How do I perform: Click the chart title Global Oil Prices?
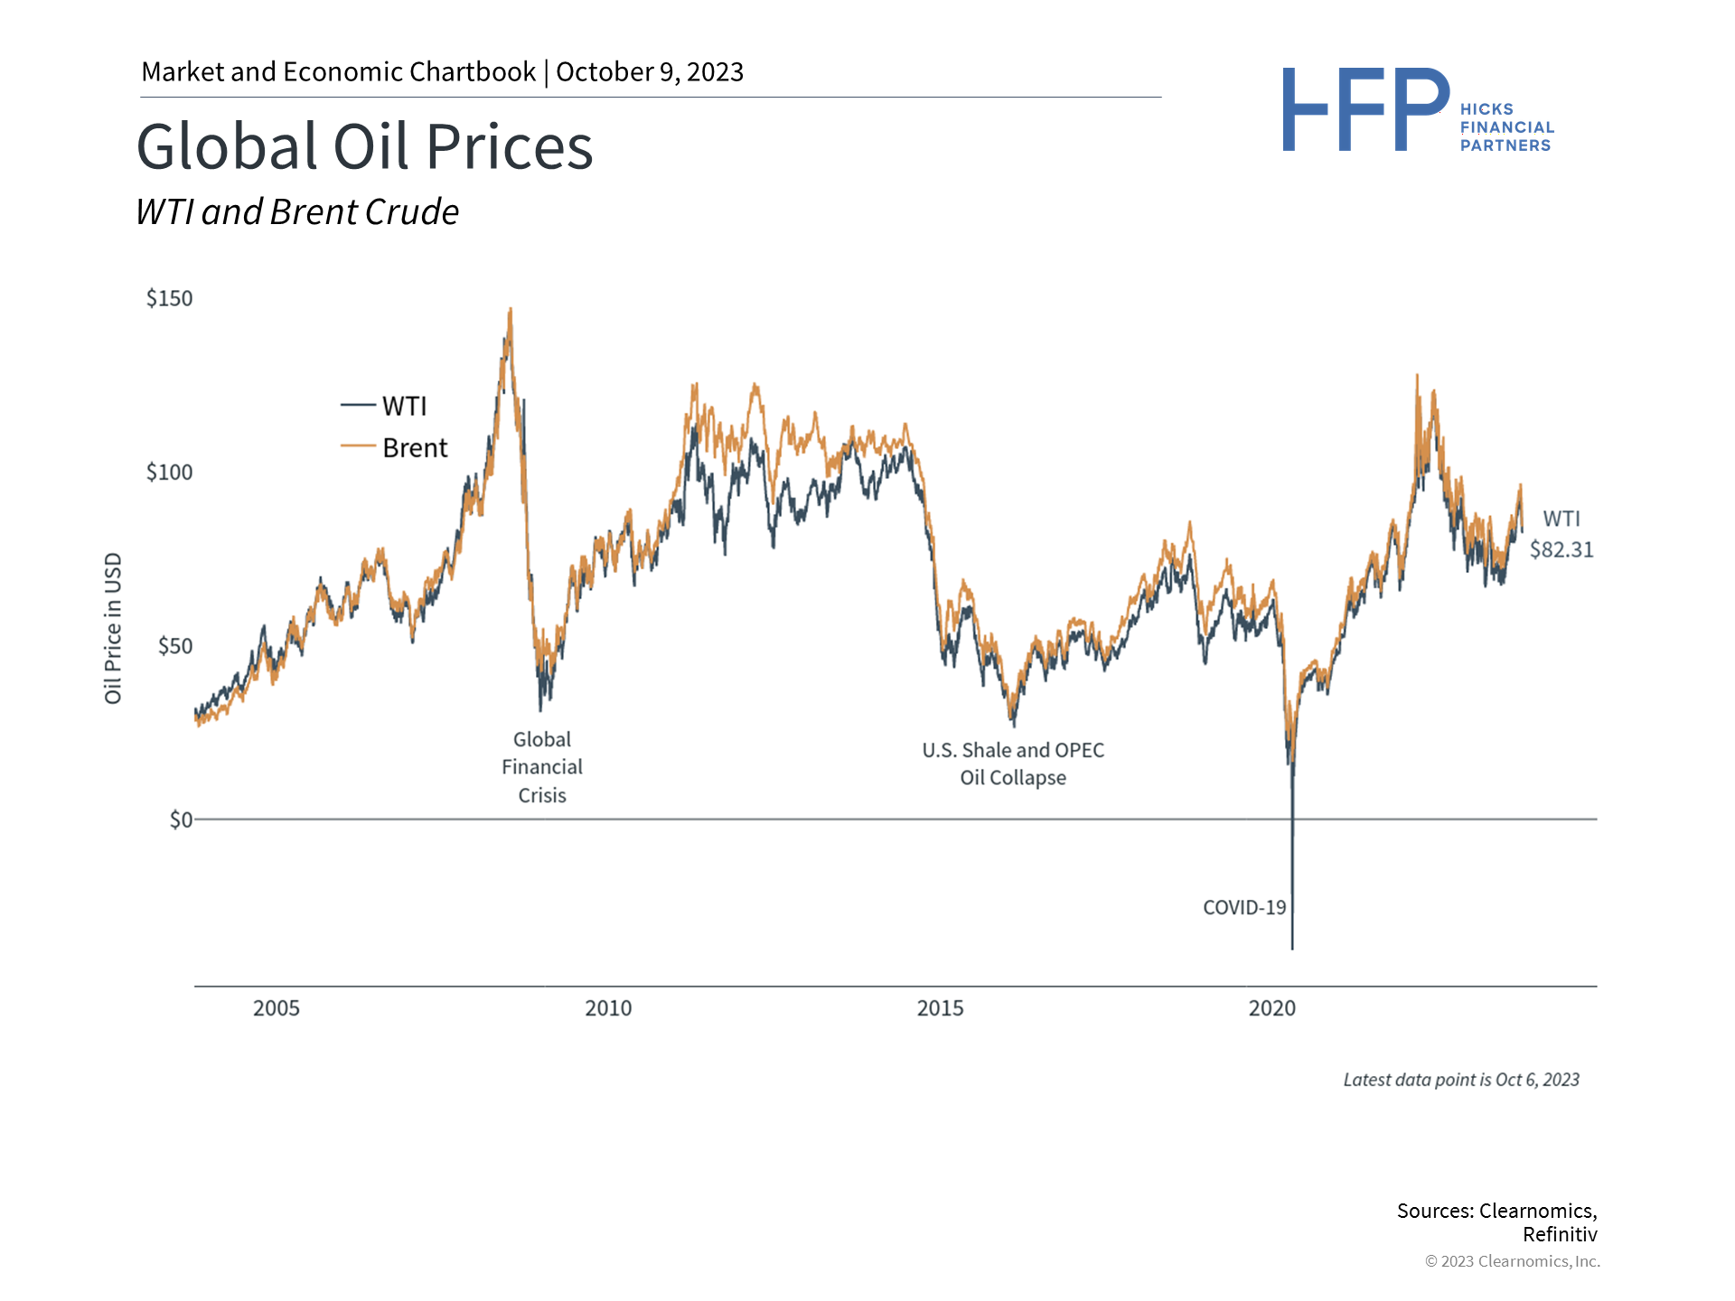coord(364,146)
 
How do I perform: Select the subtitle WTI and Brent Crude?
coord(297,212)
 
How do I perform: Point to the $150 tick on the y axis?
coord(170,299)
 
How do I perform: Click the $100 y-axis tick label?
coord(170,473)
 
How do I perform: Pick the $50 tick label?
coord(175,646)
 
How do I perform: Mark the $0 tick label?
coord(181,819)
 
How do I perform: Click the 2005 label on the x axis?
coord(277,1008)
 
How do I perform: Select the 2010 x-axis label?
coord(608,1008)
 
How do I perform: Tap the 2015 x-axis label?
coord(940,1008)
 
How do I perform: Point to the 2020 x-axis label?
coord(1271,1008)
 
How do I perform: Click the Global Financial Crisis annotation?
coord(542,767)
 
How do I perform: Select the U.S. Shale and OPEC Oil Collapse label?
coord(1013,763)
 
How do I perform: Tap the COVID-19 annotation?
coord(1244,908)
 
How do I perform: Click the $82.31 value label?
coord(1561,549)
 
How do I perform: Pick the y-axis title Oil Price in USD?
coord(113,628)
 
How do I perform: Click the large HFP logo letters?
coord(1365,109)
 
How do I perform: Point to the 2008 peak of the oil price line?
coord(511,310)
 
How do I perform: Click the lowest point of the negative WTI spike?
coord(1292,948)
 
